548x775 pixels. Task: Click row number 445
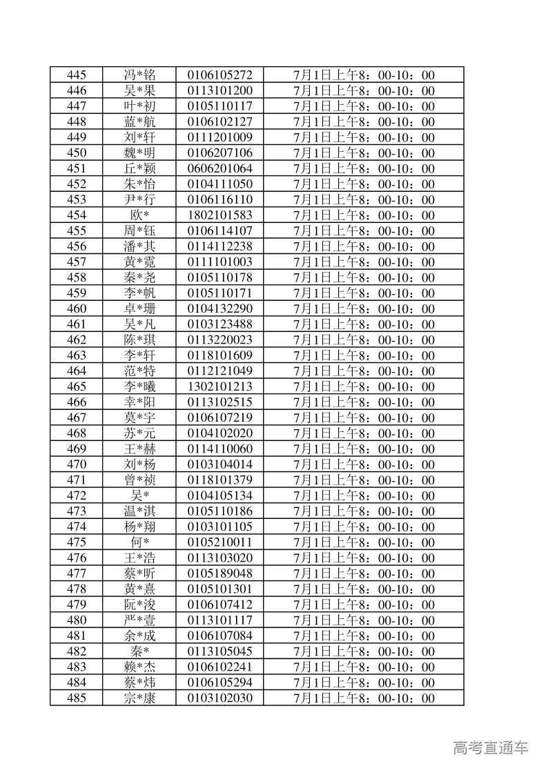pos(77,75)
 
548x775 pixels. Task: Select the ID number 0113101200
pos(219,91)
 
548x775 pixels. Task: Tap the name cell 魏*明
pos(139,153)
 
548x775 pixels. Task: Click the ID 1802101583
pos(219,215)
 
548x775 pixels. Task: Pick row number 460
pos(77,308)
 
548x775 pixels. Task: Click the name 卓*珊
pos(139,308)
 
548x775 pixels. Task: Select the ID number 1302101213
pos(219,386)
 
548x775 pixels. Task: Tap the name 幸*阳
pos(139,402)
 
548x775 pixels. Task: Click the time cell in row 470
pos(364,464)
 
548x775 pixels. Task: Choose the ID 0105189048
pos(219,573)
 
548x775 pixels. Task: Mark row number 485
pos(77,698)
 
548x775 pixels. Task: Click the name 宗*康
pos(139,698)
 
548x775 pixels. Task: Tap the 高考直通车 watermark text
pos(491,747)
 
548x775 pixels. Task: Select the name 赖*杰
pos(139,667)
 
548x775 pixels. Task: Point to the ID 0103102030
pos(219,698)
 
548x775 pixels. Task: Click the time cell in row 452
pos(364,184)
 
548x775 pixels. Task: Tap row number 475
pos(77,542)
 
